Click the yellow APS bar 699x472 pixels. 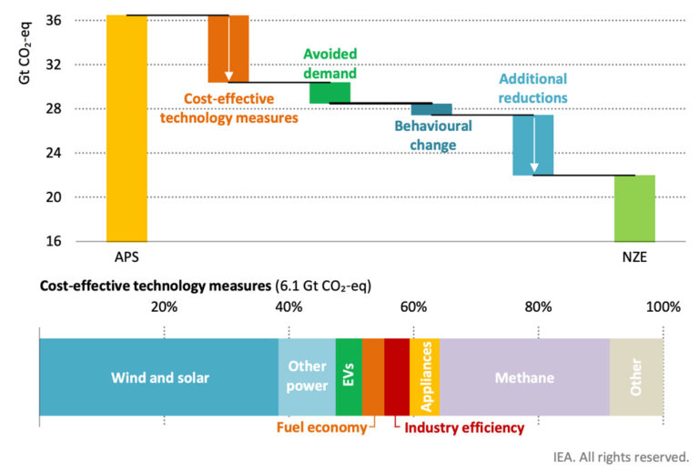click(x=127, y=127)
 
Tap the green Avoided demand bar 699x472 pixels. click(x=329, y=93)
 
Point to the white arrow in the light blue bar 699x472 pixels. click(x=534, y=145)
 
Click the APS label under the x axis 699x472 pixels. click(x=127, y=257)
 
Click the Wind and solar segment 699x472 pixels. click(x=159, y=377)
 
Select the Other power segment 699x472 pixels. click(x=307, y=377)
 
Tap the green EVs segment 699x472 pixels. click(x=349, y=377)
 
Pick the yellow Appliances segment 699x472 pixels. click(x=425, y=377)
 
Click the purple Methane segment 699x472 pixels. click(x=524, y=377)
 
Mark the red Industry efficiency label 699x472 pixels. click(x=464, y=427)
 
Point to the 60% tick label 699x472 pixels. click(x=413, y=306)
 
